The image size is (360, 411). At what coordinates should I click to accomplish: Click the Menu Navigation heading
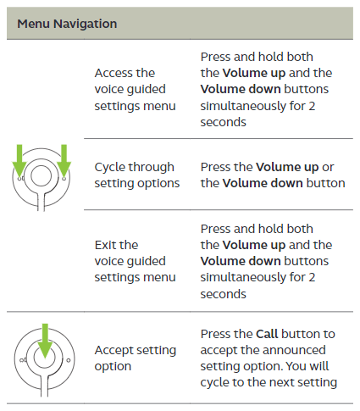pyautogui.click(x=67, y=24)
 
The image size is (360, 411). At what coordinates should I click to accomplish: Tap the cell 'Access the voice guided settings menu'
pyautogui.click(x=135, y=89)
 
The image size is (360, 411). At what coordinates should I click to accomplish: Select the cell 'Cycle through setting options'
pyautogui.click(x=137, y=175)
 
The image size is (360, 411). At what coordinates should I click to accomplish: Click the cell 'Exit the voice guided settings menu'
pyautogui.click(x=135, y=261)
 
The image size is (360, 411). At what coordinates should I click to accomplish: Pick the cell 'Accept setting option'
pyautogui.click(x=136, y=358)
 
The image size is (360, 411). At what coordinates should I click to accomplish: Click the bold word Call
pyautogui.click(x=267, y=334)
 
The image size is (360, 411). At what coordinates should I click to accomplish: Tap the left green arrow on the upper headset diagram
pyautogui.click(x=19, y=161)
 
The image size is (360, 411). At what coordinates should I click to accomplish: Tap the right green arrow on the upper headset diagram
pyautogui.click(x=64, y=161)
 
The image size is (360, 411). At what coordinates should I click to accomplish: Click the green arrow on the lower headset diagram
pyautogui.click(x=45, y=342)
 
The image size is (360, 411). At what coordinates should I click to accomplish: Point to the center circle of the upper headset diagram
pyautogui.click(x=42, y=175)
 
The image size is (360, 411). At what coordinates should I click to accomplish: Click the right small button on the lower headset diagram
pyautogui.click(x=69, y=360)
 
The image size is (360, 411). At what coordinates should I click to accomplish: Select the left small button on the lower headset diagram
pyautogui.click(x=21, y=360)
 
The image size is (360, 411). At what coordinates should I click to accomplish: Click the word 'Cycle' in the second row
pyautogui.click(x=108, y=168)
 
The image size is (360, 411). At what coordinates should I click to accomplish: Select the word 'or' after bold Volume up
pyautogui.click(x=328, y=168)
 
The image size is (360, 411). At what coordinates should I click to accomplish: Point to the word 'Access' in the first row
pyautogui.click(x=114, y=73)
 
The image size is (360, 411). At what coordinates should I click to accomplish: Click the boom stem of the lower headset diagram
pyautogui.click(x=45, y=386)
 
